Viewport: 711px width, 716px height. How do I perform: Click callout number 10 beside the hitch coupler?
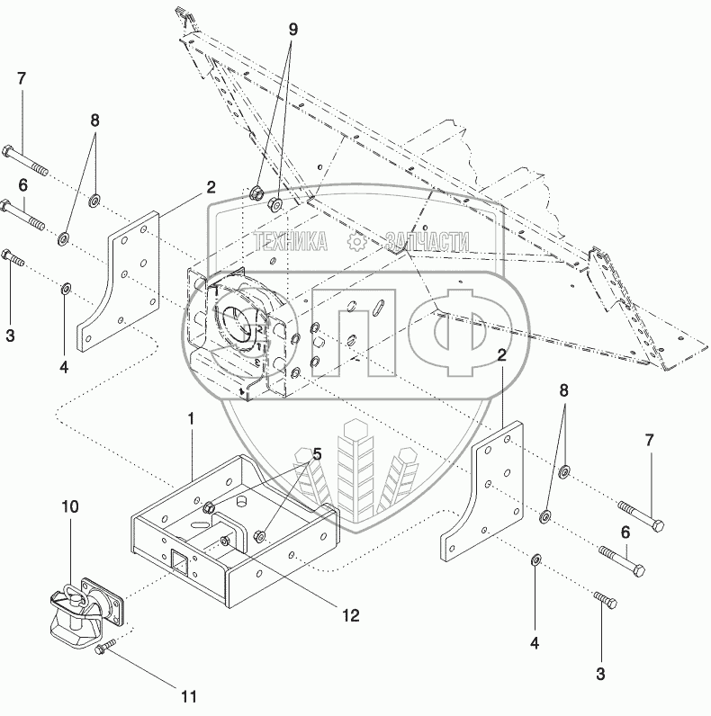pyautogui.click(x=70, y=506)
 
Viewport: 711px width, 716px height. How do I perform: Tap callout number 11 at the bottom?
pyautogui.click(x=189, y=696)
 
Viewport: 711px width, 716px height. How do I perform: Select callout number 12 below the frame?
pyautogui.click(x=350, y=615)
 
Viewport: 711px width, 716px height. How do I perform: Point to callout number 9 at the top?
pyautogui.click(x=292, y=30)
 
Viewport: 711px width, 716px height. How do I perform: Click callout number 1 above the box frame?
pyautogui.click(x=192, y=419)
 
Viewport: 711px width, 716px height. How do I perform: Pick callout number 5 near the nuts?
pyautogui.click(x=317, y=454)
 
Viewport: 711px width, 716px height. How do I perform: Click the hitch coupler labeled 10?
pyautogui.click(x=86, y=611)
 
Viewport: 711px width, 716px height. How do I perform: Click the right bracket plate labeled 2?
pyautogui.click(x=483, y=491)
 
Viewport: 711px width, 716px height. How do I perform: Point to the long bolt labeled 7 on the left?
pyautogui.click(x=25, y=160)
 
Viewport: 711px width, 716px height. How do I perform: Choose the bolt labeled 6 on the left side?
pyautogui.click(x=22, y=214)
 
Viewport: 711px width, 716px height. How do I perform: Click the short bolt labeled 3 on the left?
pyautogui.click(x=13, y=257)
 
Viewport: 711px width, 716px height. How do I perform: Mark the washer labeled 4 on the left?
pyautogui.click(x=66, y=289)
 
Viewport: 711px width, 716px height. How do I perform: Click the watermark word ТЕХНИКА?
pyautogui.click(x=291, y=241)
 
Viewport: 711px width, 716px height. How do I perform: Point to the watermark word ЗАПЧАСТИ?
pyautogui.click(x=427, y=241)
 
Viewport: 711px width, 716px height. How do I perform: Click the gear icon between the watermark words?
pyautogui.click(x=356, y=241)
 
